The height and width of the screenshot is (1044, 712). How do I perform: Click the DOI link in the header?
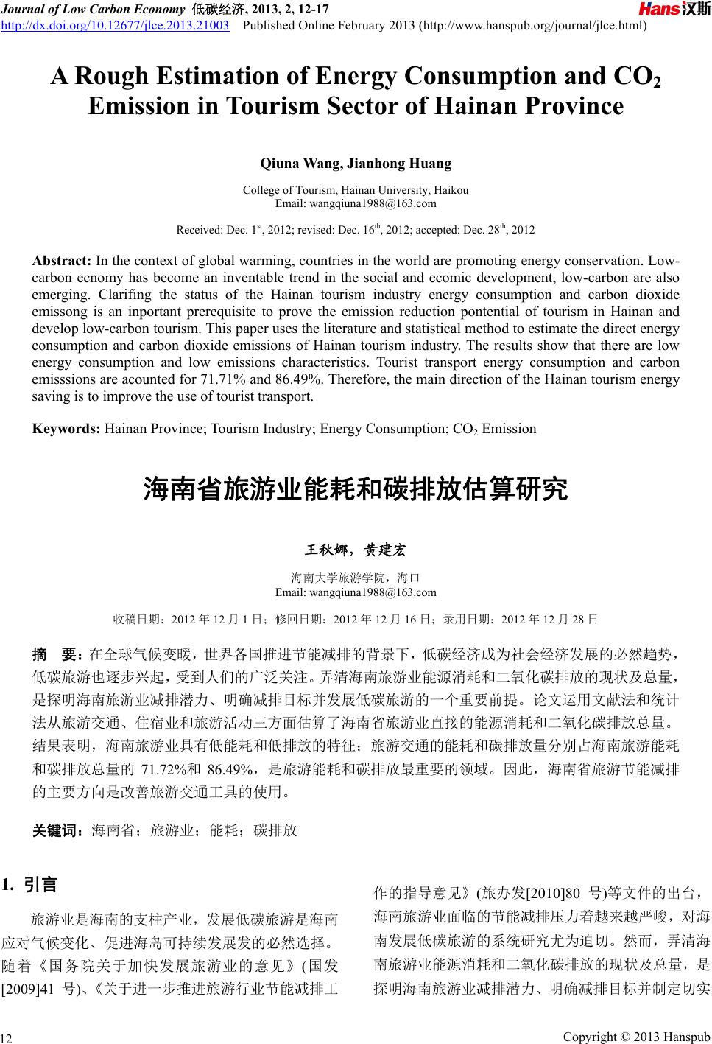coord(114,27)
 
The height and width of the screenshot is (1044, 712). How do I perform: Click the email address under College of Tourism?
coord(355,203)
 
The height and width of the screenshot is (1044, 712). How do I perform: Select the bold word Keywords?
coord(66,428)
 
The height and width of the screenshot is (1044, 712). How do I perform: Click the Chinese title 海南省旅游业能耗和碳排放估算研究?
coord(355,489)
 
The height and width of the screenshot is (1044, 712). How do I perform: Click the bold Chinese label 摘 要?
coord(58,654)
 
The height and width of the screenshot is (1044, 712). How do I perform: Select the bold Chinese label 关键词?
coord(60,831)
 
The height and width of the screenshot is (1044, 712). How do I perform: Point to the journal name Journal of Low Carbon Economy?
coord(93,9)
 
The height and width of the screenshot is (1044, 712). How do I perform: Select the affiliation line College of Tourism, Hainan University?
coord(355,190)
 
